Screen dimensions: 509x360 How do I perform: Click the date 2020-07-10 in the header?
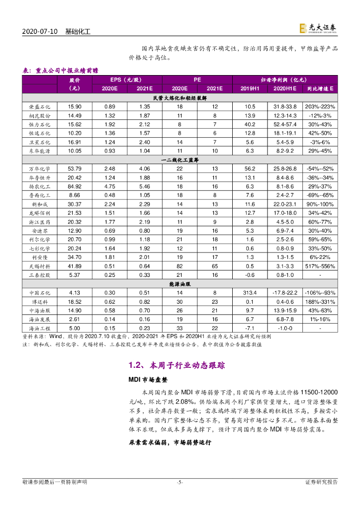(x=41, y=31)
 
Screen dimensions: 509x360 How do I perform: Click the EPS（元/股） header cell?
(x=126, y=80)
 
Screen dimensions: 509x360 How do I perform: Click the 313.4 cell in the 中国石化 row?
(x=250, y=292)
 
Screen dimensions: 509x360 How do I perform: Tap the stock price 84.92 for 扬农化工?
(x=75, y=187)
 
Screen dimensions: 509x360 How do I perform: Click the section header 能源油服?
(x=180, y=283)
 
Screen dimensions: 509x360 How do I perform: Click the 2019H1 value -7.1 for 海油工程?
(x=250, y=328)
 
